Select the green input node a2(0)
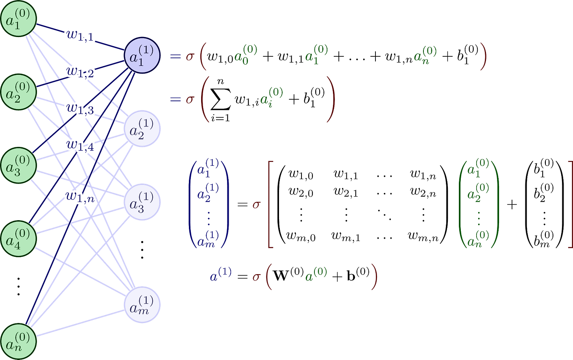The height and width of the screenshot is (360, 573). point(18,92)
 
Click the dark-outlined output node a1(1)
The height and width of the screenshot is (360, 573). point(142,56)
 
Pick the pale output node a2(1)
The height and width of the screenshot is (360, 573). point(142,129)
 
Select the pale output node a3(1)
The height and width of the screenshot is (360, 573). point(142,202)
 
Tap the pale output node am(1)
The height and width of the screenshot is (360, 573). point(142,304)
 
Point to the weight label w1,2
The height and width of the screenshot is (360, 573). point(80,72)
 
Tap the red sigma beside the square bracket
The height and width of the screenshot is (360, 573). point(256,205)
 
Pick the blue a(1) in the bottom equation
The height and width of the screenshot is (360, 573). point(221,274)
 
